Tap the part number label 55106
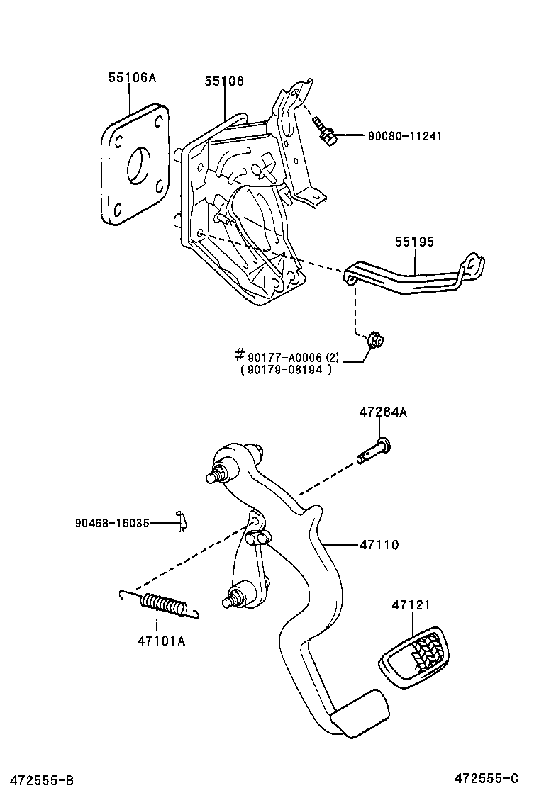224,81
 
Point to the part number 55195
415,242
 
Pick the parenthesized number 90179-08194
287,369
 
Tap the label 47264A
383,412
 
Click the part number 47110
379,545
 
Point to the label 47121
411,606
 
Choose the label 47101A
161,641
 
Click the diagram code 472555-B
37,780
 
